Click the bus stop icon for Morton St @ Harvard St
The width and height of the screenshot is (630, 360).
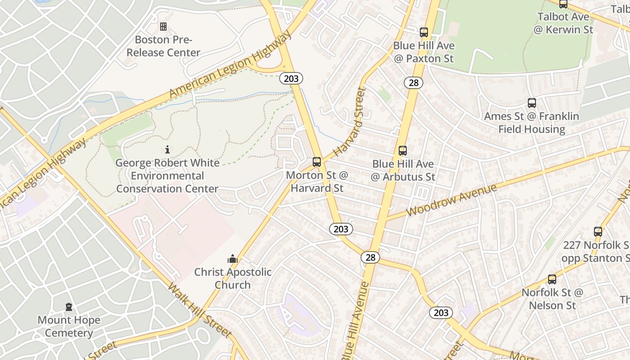[x=317, y=162]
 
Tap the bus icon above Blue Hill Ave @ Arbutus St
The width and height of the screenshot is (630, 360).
[x=403, y=151]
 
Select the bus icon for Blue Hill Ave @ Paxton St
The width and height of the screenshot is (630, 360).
[x=424, y=32]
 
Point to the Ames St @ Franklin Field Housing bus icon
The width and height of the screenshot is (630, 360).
[x=532, y=103]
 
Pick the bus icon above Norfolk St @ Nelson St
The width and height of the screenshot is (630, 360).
[x=552, y=279]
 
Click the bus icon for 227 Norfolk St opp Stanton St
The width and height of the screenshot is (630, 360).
[x=598, y=232]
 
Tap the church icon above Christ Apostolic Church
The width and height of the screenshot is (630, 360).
[x=233, y=259]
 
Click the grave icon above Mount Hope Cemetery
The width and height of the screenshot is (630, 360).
[x=69, y=307]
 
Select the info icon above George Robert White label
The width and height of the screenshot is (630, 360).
[x=167, y=149]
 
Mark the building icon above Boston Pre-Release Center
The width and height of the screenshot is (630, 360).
[x=163, y=27]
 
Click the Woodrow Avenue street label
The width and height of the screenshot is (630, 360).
[x=451, y=200]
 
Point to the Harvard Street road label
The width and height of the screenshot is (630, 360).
[x=349, y=122]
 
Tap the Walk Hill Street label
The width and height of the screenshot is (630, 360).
[x=200, y=310]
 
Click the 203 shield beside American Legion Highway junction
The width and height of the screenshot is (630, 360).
[x=291, y=78]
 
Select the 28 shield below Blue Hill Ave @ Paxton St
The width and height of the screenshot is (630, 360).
[x=413, y=82]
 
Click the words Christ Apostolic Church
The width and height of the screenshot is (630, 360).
[x=233, y=279]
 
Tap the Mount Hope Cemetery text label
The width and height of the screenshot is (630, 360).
[x=69, y=327]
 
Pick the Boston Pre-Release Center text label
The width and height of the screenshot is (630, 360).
[x=163, y=46]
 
